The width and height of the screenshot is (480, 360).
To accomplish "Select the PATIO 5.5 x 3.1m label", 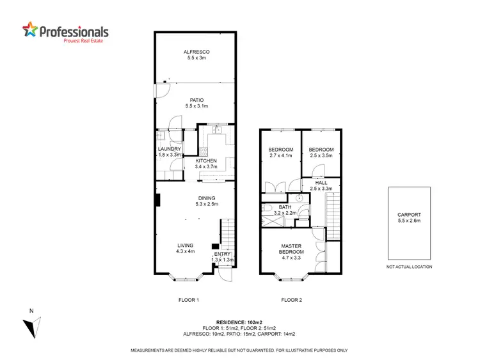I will pos(197,104).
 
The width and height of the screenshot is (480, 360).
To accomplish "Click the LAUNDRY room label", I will pos(170,152).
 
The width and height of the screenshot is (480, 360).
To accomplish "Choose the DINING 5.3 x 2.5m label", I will pos(206,201).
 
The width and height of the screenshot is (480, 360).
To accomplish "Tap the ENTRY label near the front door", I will pos(221,257).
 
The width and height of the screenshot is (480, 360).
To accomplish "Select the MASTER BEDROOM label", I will pos(291,249).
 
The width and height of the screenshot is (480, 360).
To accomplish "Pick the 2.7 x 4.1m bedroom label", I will pos(280,152).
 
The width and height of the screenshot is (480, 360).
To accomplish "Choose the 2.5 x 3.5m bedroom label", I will pos(321,152).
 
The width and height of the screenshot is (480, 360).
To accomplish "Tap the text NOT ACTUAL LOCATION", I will pos(410,267).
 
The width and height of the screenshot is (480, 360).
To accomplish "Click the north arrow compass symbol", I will pos(29,326).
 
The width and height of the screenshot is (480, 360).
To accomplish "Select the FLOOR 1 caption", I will pos(189,299).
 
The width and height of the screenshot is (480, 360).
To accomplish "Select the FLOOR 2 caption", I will pos(291,299).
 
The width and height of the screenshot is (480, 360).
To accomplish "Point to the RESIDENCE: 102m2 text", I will pos(239,322).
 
